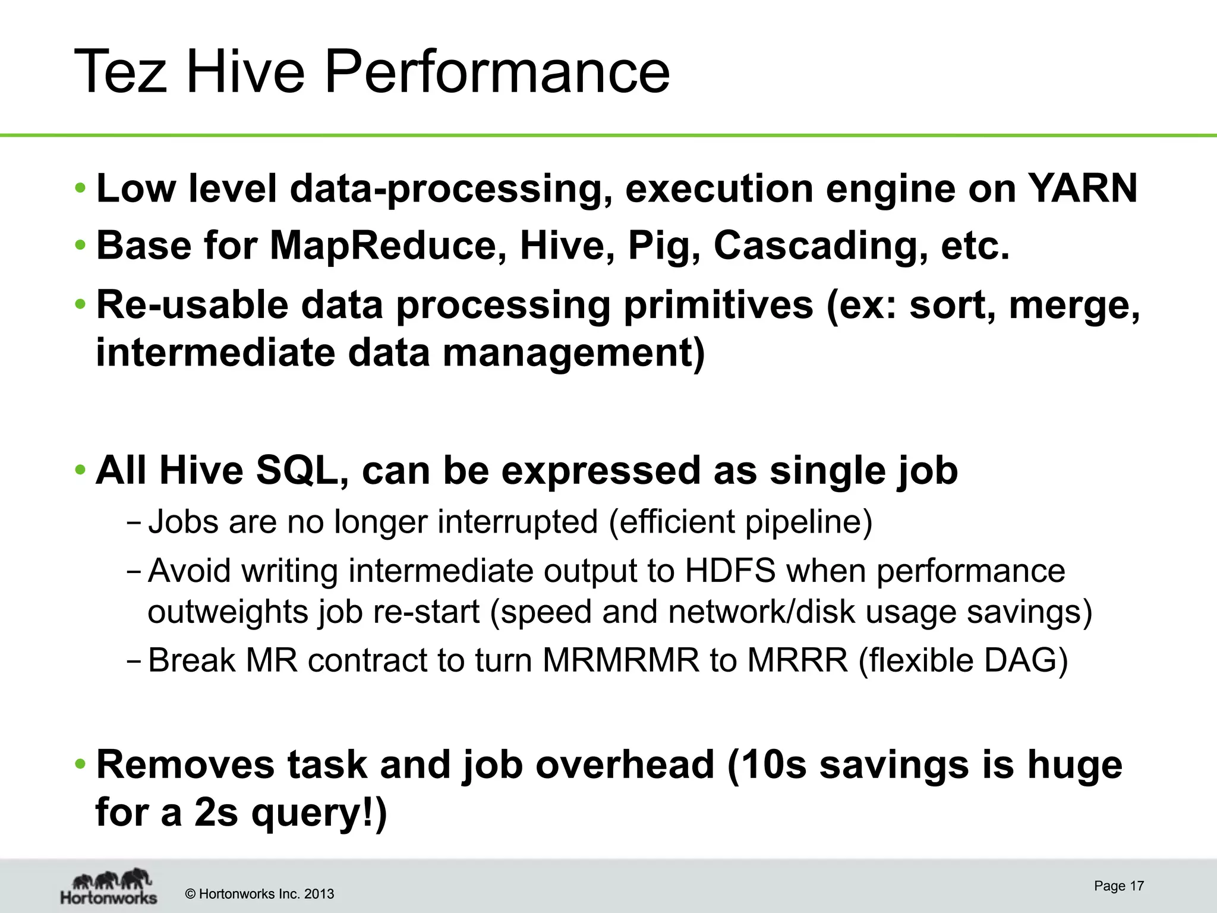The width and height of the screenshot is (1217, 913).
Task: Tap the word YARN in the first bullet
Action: click(x=1082, y=188)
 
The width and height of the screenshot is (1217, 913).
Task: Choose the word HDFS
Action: click(x=730, y=571)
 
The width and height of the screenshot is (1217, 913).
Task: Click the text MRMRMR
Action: click(x=621, y=660)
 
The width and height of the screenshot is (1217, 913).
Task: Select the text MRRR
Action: click(x=797, y=660)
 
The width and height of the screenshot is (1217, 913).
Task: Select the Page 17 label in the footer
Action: click(x=1118, y=886)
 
